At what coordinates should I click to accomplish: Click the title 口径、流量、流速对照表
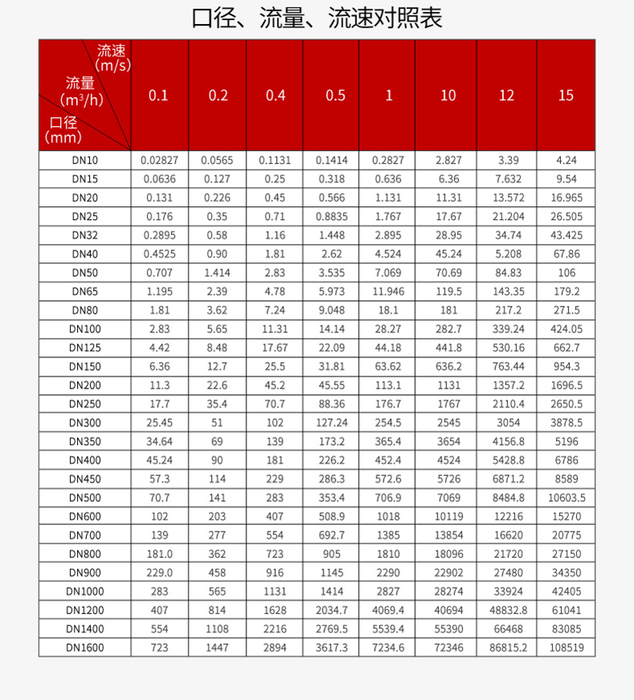coord(317,18)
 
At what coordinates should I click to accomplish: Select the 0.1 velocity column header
coord(159,96)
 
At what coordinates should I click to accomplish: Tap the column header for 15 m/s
coord(566,96)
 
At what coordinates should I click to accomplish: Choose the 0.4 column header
coord(275,96)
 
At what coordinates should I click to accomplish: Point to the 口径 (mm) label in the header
coord(64,129)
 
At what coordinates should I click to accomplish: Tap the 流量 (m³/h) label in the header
coord(83,92)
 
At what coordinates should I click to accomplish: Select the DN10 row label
coord(84,161)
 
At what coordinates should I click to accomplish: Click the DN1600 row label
coord(84,647)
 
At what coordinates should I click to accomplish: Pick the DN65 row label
coord(84,291)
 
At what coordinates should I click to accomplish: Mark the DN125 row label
coord(84,348)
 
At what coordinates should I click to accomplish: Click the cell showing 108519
coord(566,647)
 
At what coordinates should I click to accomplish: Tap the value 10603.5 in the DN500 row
coord(566,498)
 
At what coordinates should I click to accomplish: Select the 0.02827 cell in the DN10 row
coord(159,161)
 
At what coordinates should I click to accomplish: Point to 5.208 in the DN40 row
coord(506,254)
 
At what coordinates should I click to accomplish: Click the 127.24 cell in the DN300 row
coord(331,423)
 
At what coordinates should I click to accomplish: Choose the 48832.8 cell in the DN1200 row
coord(506,610)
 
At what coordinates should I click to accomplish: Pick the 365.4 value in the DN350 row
coord(388,442)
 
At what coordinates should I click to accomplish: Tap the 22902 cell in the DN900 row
coord(447,572)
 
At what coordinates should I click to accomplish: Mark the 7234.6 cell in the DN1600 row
coord(388,647)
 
